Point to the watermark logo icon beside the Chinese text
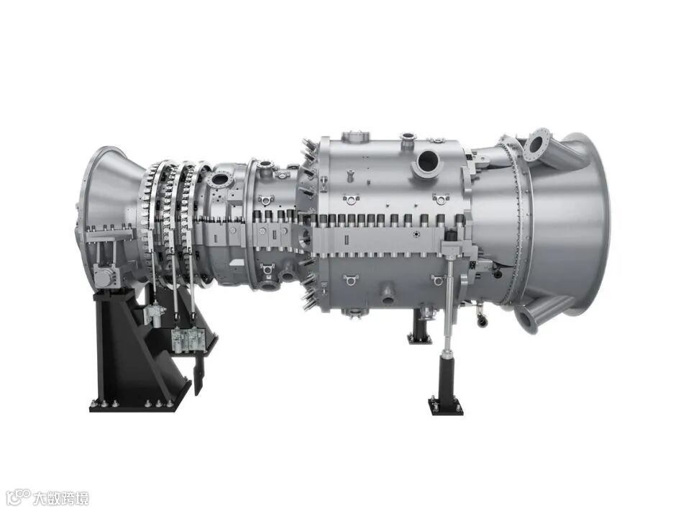[x=20, y=497]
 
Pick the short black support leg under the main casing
[x=419, y=326]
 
